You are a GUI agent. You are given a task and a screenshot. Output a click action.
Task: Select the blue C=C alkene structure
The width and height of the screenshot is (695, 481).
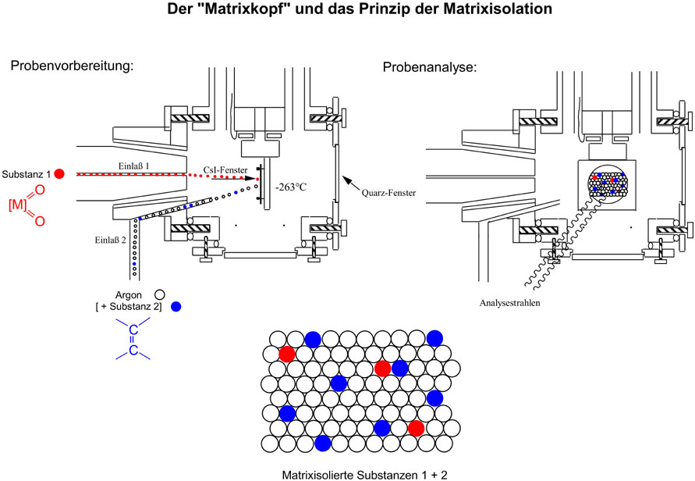(x=133, y=341)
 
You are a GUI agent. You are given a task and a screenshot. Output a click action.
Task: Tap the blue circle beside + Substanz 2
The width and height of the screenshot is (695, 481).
(x=176, y=307)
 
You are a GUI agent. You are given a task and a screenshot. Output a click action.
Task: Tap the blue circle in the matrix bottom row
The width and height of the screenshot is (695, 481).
(x=322, y=443)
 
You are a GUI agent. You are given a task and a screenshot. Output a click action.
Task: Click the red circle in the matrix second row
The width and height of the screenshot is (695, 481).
(x=287, y=354)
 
